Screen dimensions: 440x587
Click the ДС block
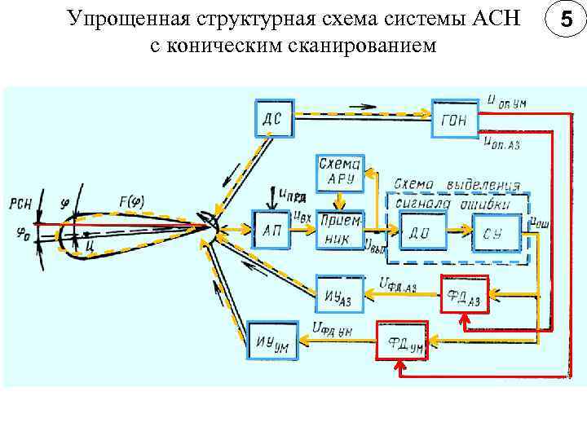tap(273, 119)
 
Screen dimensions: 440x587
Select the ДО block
tap(423, 232)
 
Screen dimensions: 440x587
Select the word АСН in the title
tap(494, 18)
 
